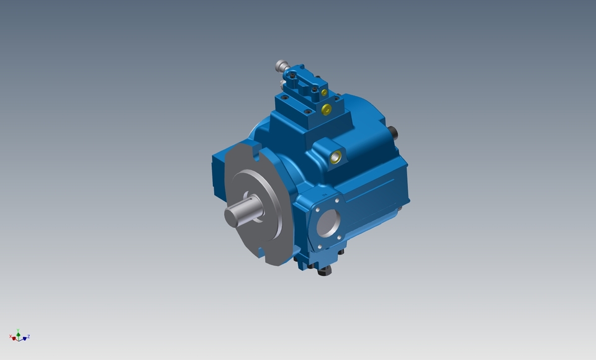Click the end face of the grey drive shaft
pyautogui.click(x=234, y=216)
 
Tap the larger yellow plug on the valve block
pyautogui.click(x=327, y=110)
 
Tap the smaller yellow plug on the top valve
pyautogui.click(x=324, y=92)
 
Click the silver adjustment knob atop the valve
pyautogui.click(x=281, y=65)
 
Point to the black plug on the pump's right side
pyautogui.click(x=393, y=132)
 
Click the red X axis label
pyautogui.click(x=11, y=336)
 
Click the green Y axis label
pyautogui.click(x=19, y=330)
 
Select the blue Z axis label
pyautogui.click(x=29, y=336)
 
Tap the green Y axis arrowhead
pyautogui.click(x=19, y=335)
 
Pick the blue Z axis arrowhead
pyautogui.click(x=25, y=338)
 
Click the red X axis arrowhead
pyautogui.click(x=14, y=339)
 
